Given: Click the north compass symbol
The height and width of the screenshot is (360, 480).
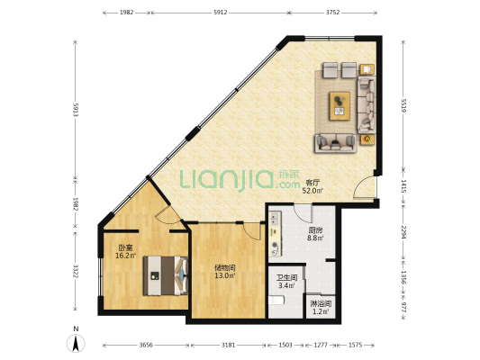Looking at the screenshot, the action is [x=76, y=343].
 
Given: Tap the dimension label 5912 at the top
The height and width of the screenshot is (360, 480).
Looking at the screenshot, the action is [x=220, y=13].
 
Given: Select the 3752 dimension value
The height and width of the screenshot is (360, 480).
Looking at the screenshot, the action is [x=332, y=13].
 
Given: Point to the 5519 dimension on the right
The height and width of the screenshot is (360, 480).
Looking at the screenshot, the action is [x=403, y=106].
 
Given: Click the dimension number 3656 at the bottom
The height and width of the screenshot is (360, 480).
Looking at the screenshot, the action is [x=146, y=345].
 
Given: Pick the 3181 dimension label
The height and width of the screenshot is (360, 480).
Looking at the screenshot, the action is [x=228, y=345].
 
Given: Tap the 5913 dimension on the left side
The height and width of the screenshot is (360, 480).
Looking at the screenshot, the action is [x=76, y=110].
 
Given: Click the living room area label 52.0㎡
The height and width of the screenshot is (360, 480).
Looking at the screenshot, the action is [x=312, y=191].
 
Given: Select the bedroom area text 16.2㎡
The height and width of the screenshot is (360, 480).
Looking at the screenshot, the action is [x=125, y=256].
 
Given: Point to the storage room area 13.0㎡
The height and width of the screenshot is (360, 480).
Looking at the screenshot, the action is [x=225, y=275].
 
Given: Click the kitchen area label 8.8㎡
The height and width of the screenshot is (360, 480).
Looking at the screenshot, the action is [x=315, y=238].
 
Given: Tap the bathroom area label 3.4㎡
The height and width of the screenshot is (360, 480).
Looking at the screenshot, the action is [x=286, y=285].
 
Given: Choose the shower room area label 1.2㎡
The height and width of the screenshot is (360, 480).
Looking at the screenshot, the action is [x=321, y=311].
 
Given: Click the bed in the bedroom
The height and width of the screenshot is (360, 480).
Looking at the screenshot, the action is [x=166, y=275].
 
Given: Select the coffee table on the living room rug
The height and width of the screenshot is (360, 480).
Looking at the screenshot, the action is [x=340, y=106].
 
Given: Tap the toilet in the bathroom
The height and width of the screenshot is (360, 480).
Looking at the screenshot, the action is [x=276, y=301].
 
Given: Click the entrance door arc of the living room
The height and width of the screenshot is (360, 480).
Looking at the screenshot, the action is [x=364, y=187].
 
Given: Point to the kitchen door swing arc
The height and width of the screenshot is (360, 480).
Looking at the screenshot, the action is [x=303, y=214].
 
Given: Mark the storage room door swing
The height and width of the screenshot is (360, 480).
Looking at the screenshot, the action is [x=252, y=231].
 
